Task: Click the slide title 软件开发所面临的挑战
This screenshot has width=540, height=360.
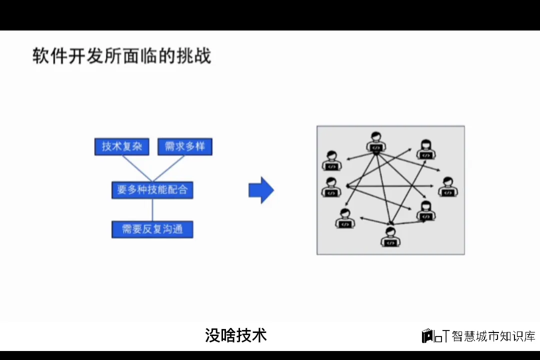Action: pyautogui.click(x=121, y=55)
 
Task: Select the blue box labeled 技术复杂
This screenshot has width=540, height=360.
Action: pyautogui.click(x=122, y=146)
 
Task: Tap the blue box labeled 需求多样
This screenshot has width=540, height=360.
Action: pyautogui.click(x=184, y=146)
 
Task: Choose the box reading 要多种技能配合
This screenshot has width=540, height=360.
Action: pyautogui.click(x=152, y=190)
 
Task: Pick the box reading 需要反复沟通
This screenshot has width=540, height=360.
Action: pyautogui.click(x=152, y=229)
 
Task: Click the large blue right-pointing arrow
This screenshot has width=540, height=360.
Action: pyautogui.click(x=261, y=190)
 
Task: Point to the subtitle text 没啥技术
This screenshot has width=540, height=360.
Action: pyautogui.click(x=235, y=335)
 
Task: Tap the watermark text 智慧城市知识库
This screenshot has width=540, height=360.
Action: pyautogui.click(x=493, y=336)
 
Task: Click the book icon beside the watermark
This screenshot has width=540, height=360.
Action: pyautogui.click(x=427, y=336)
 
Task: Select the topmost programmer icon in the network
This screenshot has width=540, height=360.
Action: pyautogui.click(x=376, y=142)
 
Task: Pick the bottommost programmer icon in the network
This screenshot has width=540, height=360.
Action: pyautogui.click(x=390, y=236)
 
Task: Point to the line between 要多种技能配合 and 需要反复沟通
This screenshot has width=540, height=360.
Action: pyautogui.click(x=152, y=210)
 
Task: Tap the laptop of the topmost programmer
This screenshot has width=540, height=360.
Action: pyautogui.click(x=376, y=147)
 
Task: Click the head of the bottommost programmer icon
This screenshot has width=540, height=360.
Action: pyautogui.click(x=390, y=231)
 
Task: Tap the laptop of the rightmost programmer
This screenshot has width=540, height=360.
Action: pyautogui.click(x=448, y=192)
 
